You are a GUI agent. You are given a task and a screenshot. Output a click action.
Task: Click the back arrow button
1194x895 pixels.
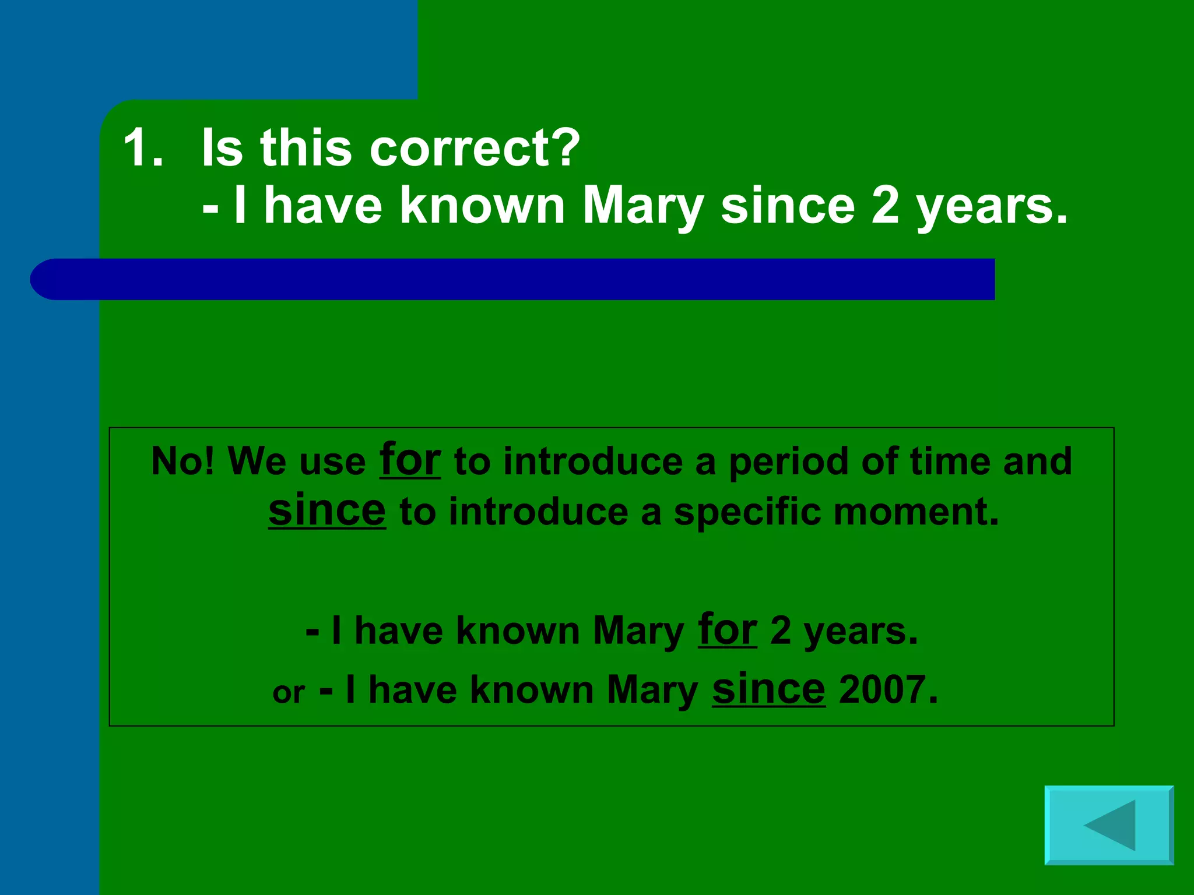point(1109,825)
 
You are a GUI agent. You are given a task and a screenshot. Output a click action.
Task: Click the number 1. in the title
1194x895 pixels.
point(143,148)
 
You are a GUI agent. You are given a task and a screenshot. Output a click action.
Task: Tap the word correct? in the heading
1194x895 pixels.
point(475,148)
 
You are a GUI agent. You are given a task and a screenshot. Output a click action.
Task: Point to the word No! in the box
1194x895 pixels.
point(182,461)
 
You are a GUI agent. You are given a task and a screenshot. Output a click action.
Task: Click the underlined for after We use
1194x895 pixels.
point(410,460)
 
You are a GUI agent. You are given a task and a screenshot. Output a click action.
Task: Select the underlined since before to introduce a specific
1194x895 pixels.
point(326,510)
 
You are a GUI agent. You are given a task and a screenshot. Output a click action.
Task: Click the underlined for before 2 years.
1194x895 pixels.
point(728,630)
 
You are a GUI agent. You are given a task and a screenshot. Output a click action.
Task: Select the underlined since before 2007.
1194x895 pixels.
point(768,689)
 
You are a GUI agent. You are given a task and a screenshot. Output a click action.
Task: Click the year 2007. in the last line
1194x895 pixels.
point(888,690)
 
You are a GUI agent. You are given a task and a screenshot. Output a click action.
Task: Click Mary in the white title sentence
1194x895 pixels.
point(643,207)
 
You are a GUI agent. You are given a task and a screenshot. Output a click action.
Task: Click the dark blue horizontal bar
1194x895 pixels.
point(513,279)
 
